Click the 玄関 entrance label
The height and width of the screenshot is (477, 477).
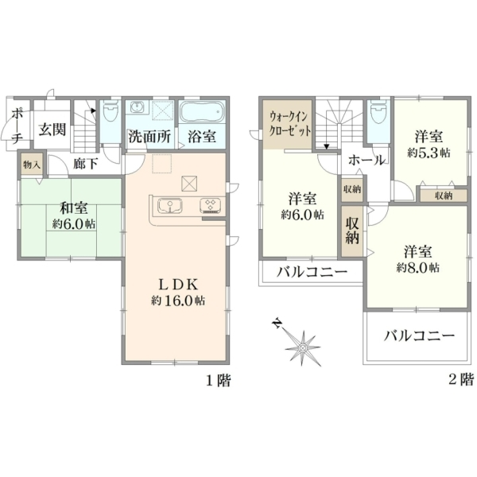pyautogui.click(x=52, y=130)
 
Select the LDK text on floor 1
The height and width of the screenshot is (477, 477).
pyautogui.click(x=178, y=285)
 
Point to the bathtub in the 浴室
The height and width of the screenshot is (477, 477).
pyautogui.click(x=202, y=111)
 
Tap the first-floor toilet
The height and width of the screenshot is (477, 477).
pyautogui.click(x=111, y=112)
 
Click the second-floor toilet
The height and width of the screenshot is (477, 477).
pyautogui.click(x=378, y=112)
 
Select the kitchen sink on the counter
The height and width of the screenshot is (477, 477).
pyautogui.click(x=170, y=205)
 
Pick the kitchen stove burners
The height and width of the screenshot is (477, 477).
pyautogui.click(x=210, y=205)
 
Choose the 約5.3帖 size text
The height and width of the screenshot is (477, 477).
pyautogui.click(x=429, y=153)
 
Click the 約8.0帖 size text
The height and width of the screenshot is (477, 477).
pyautogui.click(x=417, y=268)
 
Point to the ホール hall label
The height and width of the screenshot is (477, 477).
pyautogui.click(x=366, y=161)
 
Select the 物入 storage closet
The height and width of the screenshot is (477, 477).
pyautogui.click(x=32, y=165)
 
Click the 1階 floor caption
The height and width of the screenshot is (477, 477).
pyautogui.click(x=219, y=381)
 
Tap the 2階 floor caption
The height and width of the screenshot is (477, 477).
pyautogui.click(x=461, y=380)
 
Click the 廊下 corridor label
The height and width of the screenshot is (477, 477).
pyautogui.click(x=86, y=164)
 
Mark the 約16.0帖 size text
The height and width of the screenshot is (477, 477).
pyautogui.click(x=178, y=301)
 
